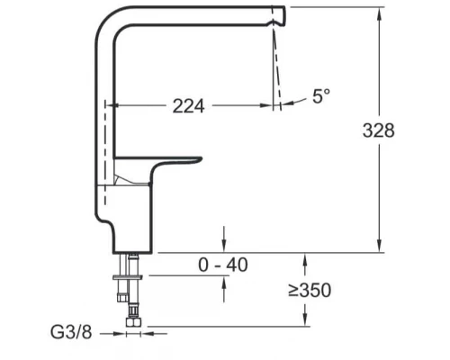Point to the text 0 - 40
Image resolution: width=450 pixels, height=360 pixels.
point(223,265)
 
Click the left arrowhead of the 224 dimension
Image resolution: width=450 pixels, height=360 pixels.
point(112,106)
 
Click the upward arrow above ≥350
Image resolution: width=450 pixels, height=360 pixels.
point(309,260)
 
